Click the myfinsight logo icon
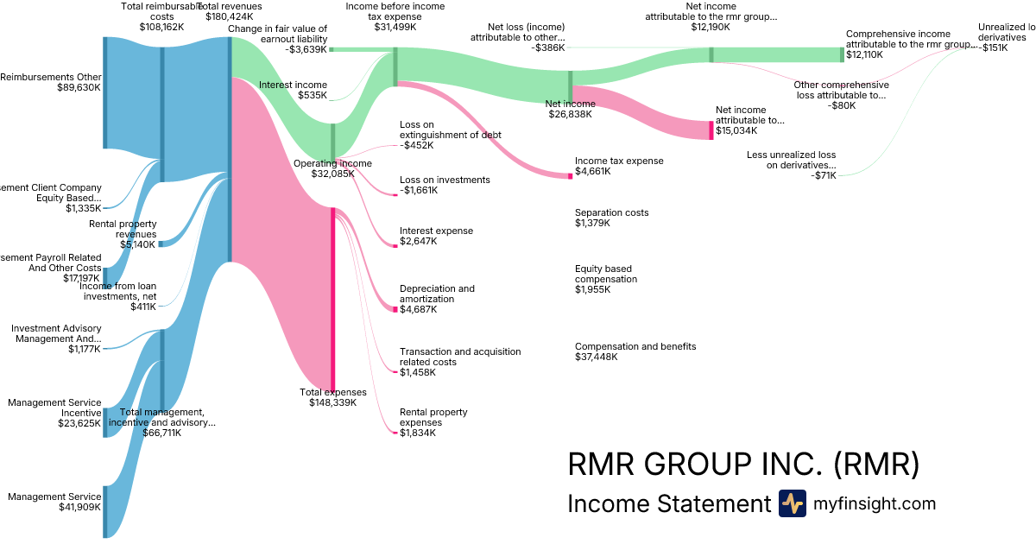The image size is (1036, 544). pos(792,503)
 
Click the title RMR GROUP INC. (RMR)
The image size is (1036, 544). pos(742,465)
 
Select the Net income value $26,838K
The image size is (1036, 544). pos(570,114)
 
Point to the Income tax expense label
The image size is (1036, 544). pos(619,161)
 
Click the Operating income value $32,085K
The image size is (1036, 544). pos(332,174)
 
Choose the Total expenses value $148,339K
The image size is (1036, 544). pos(332,402)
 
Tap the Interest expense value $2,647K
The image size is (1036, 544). pos(418,241)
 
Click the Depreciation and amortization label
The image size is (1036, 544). pos(437,294)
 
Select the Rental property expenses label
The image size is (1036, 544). pos(433,417)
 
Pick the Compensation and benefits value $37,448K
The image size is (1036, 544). pos(597,357)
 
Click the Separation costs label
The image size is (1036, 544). pos(611,212)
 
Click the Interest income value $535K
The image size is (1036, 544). pos(312,95)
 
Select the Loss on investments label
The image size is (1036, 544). pos(445,180)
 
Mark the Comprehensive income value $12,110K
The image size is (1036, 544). pos(864,54)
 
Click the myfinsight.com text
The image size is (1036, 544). pos(875,503)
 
